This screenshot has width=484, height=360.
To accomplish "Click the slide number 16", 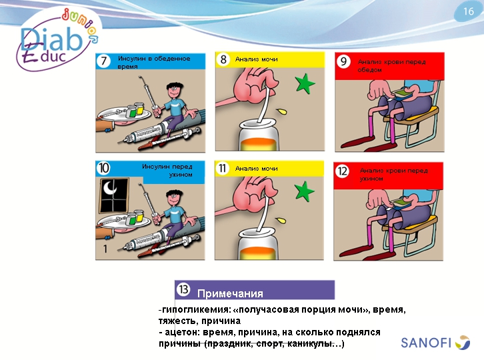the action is click(x=468, y=11).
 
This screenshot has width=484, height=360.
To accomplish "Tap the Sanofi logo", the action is click(x=435, y=343).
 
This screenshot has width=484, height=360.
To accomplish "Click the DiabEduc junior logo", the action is click(x=58, y=39).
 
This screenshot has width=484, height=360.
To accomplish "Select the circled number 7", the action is click(x=104, y=61).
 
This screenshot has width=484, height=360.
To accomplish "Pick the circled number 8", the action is click(x=223, y=59).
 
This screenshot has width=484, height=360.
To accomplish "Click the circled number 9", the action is click(x=343, y=61).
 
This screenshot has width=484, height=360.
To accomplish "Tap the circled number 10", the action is click(x=103, y=168).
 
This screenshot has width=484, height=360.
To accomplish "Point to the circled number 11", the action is click(x=222, y=168).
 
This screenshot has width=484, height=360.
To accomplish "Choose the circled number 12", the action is click(x=342, y=171).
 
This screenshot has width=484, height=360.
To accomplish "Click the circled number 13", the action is click(x=183, y=289).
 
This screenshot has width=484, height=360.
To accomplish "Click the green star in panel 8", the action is click(x=305, y=83).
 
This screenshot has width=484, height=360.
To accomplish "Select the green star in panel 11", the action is click(x=305, y=191).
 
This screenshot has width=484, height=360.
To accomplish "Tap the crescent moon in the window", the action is click(x=109, y=187).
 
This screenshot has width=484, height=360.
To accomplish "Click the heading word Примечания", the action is click(x=230, y=293).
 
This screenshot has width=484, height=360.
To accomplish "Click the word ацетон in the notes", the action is click(x=181, y=332).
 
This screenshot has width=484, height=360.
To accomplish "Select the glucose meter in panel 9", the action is click(x=401, y=94).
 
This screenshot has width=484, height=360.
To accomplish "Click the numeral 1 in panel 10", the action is click(x=105, y=249).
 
